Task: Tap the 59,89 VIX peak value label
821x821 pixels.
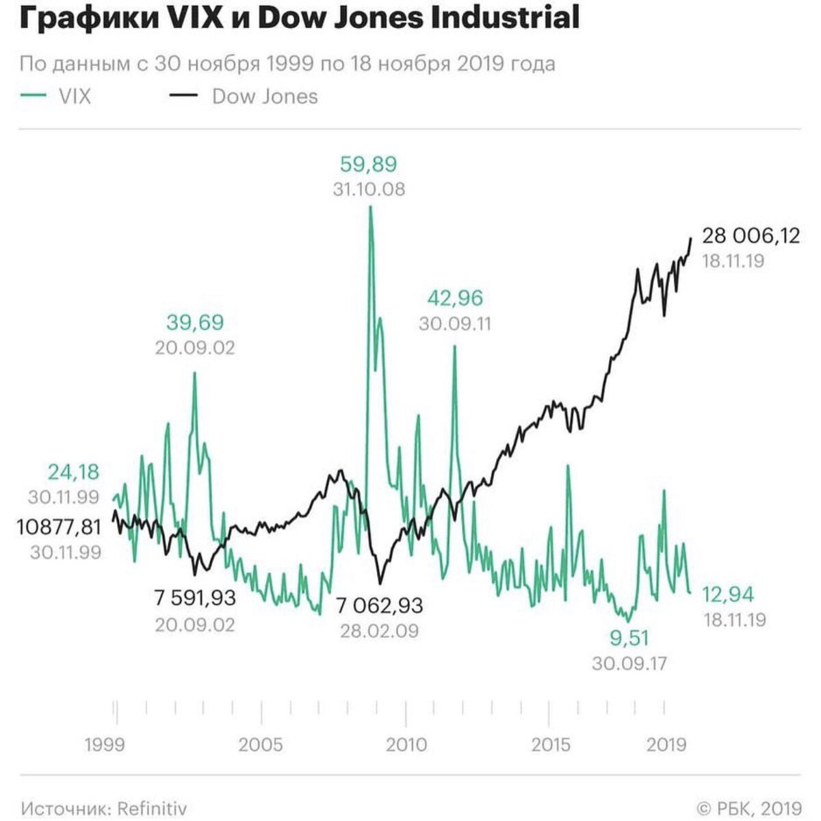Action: click(x=368, y=164)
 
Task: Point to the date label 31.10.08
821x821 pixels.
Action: click(x=369, y=190)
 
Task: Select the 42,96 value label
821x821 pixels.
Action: click(x=455, y=298)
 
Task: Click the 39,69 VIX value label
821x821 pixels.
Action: click(x=194, y=322)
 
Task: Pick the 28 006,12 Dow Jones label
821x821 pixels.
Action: click(x=751, y=236)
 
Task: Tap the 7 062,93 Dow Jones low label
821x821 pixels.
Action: click(x=379, y=605)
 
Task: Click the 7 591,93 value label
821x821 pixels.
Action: click(x=195, y=598)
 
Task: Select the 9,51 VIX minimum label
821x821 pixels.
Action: click(x=629, y=638)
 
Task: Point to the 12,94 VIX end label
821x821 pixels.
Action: click(x=729, y=595)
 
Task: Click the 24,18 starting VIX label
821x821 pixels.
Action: click(x=73, y=471)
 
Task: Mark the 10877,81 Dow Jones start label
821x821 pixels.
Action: click(x=59, y=527)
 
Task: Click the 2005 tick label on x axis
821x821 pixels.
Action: click(x=261, y=744)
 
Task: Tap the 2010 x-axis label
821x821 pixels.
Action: click(x=406, y=744)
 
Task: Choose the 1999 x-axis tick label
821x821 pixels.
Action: click(x=105, y=744)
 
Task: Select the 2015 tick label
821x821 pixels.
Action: click(x=551, y=744)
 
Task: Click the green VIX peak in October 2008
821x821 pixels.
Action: click(x=370, y=207)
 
